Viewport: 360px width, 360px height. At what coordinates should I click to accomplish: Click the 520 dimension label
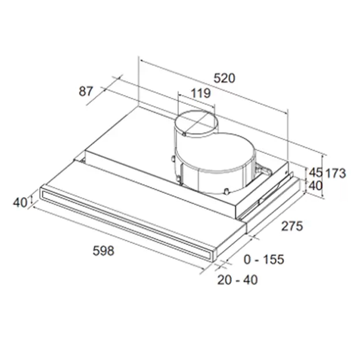coord(224,78)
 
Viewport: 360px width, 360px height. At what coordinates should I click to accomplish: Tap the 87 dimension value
coord(86,91)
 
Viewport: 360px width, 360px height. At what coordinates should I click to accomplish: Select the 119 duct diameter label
coord(200,93)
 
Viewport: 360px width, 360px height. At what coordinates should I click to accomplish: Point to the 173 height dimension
coord(336,173)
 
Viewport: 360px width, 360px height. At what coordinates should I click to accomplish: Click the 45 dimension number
coord(316,172)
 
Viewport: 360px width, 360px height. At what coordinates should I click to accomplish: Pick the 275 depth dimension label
coord(292,226)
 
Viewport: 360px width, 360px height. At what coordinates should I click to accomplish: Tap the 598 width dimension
coord(103,251)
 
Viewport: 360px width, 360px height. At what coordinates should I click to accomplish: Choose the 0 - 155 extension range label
coord(264,260)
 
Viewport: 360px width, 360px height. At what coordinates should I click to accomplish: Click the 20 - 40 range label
coord(237,280)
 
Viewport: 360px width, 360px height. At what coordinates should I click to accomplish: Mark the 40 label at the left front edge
coord(20,202)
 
